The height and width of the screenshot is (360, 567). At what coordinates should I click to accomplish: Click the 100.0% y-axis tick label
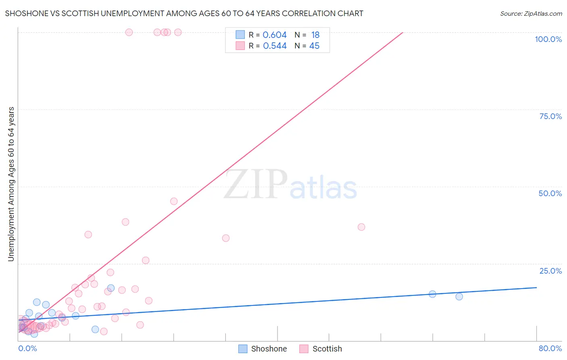pos(548,39)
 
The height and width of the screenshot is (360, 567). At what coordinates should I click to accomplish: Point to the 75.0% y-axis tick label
pos(550,116)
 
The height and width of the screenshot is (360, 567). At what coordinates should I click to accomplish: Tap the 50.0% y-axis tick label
pos(550,193)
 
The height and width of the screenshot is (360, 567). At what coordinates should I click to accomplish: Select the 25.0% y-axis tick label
pos(550,271)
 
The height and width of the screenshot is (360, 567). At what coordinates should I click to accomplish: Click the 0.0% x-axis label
pos(27,348)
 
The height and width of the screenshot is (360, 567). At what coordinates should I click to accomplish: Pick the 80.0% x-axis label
pos(550,348)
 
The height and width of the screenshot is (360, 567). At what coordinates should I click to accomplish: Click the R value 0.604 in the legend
pos(275,35)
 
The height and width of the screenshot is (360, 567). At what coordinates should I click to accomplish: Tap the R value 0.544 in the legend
pos(275,46)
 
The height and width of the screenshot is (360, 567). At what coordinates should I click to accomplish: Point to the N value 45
pos(314,46)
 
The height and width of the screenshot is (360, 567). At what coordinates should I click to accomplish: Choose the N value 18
pos(315,35)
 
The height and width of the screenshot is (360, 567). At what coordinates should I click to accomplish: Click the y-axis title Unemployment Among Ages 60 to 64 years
pos(11,184)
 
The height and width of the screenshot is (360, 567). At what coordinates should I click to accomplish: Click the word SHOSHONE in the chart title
pos(25,13)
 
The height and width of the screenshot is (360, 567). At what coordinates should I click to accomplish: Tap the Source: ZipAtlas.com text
pos(531,13)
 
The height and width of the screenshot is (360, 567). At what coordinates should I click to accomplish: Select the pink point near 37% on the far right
pos(361,227)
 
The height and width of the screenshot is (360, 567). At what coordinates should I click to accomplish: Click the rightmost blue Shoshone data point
pos(459,297)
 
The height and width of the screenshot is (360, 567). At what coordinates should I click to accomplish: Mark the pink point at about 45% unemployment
pos(174,201)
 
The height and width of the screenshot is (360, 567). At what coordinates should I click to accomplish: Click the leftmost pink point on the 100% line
pos(129,32)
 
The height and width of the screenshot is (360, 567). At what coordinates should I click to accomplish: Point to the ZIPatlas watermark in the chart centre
pos(290,185)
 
